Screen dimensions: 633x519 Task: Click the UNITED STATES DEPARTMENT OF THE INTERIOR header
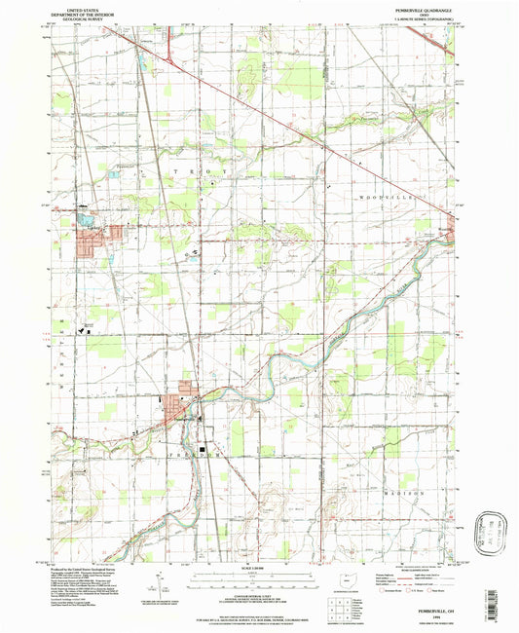pyautogui.click(x=81, y=9)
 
